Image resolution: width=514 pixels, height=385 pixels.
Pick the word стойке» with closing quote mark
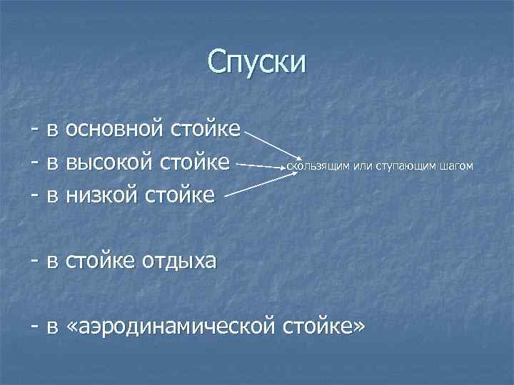point(325,327)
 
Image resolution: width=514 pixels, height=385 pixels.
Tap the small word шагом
point(457,167)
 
